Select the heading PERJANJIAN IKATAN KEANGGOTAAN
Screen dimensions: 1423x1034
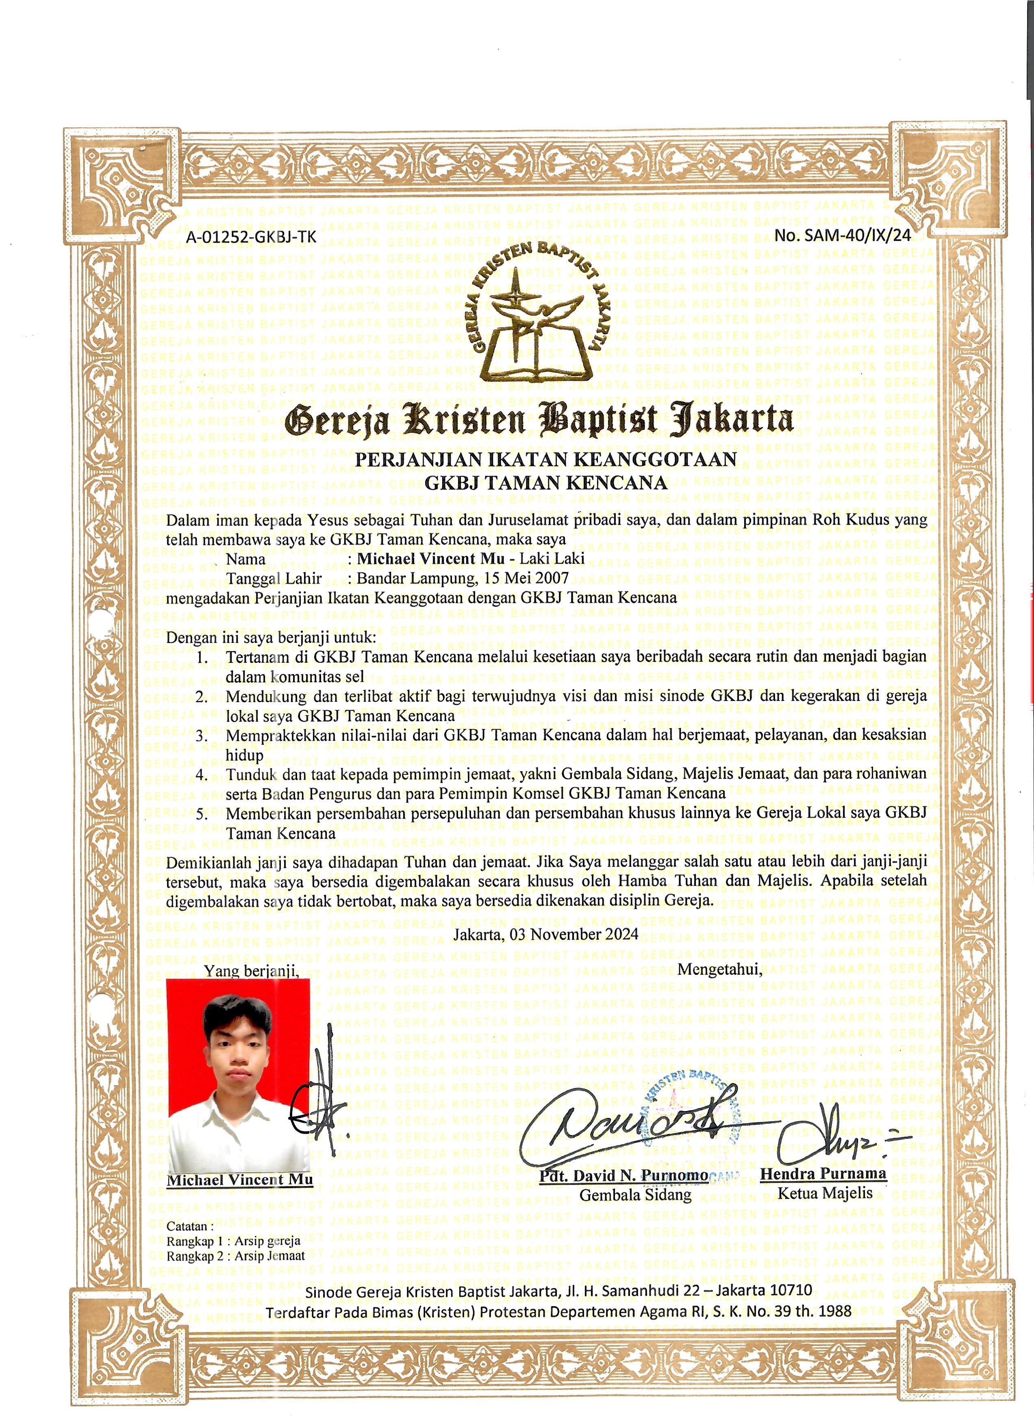(x=545, y=459)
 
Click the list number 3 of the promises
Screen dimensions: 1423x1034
(x=202, y=736)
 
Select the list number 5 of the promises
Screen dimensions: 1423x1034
(x=202, y=814)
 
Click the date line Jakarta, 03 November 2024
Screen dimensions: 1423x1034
(x=545, y=934)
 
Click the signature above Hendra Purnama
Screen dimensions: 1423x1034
(x=829, y=1133)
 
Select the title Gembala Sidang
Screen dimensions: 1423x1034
(x=635, y=1195)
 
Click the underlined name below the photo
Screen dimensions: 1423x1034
(x=240, y=1180)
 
